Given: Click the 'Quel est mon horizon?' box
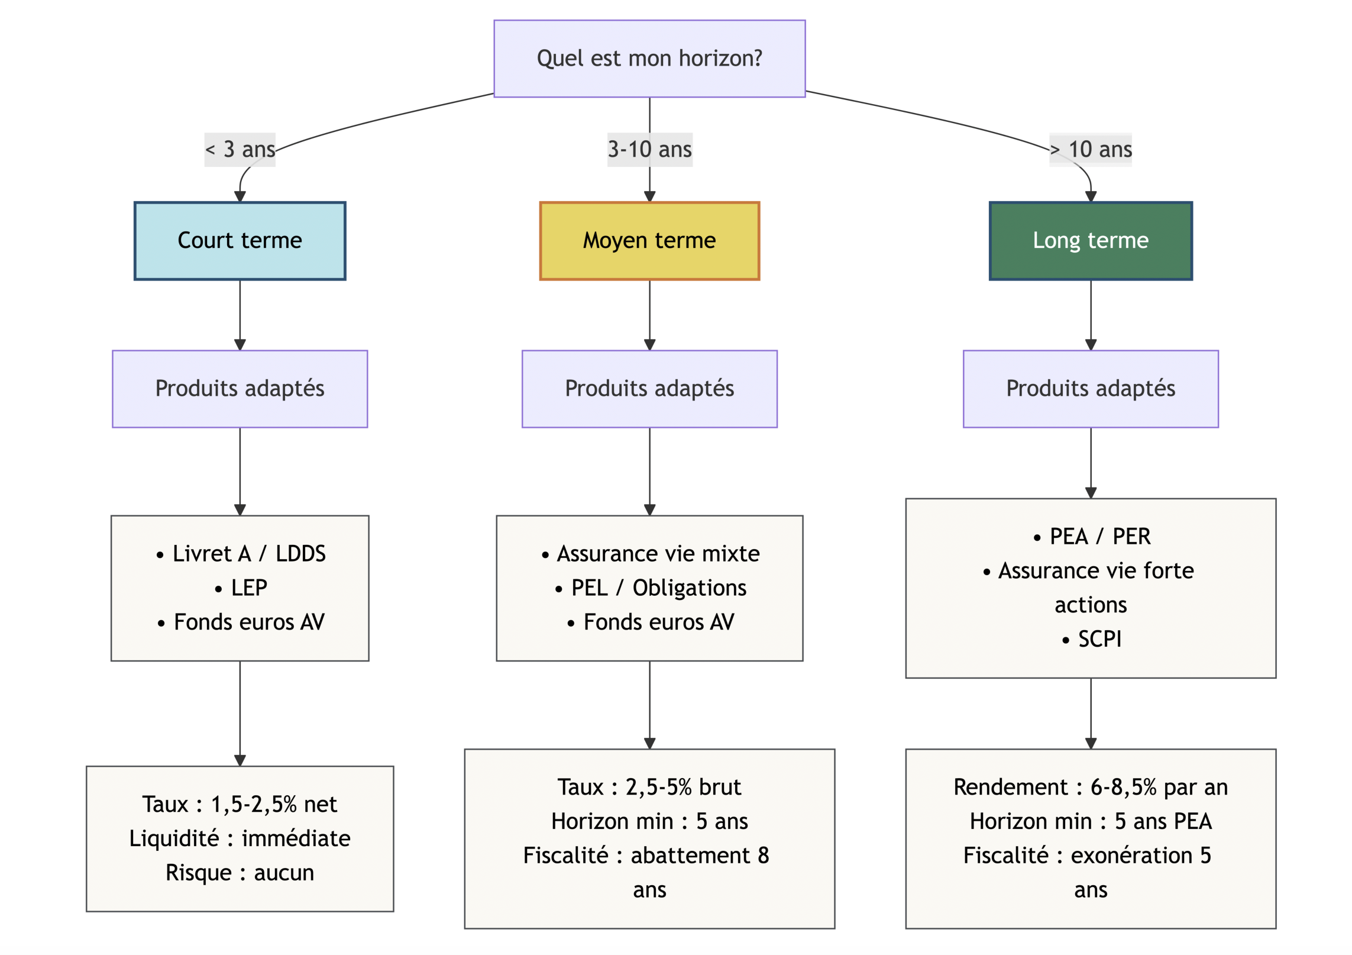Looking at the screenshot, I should click(649, 59).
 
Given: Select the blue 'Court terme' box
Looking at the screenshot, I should click(240, 240).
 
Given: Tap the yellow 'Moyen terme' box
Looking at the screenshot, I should click(649, 240).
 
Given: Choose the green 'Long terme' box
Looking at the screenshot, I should click(1090, 240).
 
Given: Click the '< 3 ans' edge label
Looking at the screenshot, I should click(240, 149).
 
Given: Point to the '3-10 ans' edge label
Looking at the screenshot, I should click(649, 149).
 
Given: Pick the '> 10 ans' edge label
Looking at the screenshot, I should click(1090, 149).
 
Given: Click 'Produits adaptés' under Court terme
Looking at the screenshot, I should click(240, 389).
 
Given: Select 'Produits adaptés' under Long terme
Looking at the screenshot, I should click(1090, 389).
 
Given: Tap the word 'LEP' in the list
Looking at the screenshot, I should click(248, 588).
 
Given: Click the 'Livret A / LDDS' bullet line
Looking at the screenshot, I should click(248, 553).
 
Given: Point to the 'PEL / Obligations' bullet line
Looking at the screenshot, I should click(658, 588).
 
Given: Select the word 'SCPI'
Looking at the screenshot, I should click(1099, 638).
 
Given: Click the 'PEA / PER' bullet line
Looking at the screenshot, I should click(1099, 536).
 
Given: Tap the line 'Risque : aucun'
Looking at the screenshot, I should click(240, 872).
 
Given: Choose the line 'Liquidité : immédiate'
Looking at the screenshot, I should click(240, 838).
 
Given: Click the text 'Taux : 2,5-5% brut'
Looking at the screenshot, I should click(649, 787).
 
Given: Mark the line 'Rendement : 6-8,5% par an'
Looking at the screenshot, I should click(1090, 787).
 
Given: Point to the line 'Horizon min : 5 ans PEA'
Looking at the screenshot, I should click(1090, 821).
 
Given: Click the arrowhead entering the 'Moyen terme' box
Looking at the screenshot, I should click(649, 196).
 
